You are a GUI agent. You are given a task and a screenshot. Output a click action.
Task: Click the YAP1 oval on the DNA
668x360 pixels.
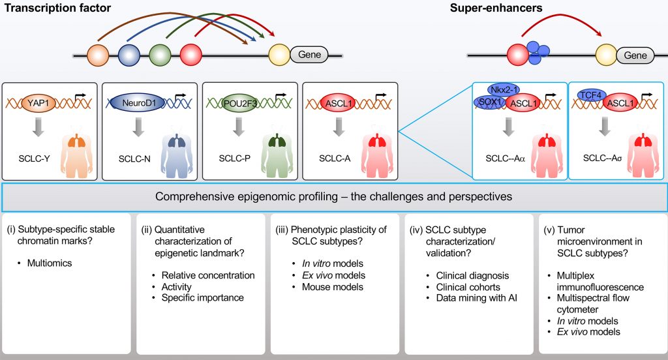(x=38, y=103)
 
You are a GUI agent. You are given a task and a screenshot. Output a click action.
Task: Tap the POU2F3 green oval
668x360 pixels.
(x=239, y=103)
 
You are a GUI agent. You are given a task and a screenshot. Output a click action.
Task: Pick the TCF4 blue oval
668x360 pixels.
(x=591, y=95)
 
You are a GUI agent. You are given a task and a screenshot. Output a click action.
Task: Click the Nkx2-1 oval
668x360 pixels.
(x=504, y=90)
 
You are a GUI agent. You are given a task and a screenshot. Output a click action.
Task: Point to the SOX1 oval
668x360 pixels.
(x=490, y=102)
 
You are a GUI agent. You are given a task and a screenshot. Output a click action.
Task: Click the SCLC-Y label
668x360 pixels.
(x=34, y=158)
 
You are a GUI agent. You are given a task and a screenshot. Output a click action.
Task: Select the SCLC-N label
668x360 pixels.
(x=134, y=159)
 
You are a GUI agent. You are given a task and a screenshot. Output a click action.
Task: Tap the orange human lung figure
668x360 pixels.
(x=77, y=151)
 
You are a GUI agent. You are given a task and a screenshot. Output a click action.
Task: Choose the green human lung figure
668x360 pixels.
(x=277, y=151)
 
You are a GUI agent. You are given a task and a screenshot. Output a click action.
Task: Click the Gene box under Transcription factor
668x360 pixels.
(x=309, y=55)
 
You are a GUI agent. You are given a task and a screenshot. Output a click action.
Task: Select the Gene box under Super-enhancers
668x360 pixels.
(x=635, y=55)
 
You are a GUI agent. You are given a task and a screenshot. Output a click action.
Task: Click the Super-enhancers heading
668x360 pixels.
(x=496, y=8)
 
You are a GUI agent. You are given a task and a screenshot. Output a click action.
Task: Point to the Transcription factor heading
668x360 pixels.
(x=57, y=8)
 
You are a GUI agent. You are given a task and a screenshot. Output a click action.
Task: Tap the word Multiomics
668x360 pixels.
(x=50, y=263)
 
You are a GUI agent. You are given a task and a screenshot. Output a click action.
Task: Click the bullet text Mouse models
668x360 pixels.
(x=332, y=287)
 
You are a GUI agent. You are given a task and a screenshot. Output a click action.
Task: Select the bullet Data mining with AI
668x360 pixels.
(x=476, y=298)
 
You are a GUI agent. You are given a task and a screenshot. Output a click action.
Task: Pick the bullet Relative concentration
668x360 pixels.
(x=208, y=275)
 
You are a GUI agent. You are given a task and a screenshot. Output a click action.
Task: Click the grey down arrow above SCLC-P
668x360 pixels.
(x=239, y=127)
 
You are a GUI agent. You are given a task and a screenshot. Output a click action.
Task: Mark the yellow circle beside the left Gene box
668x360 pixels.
(x=279, y=55)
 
